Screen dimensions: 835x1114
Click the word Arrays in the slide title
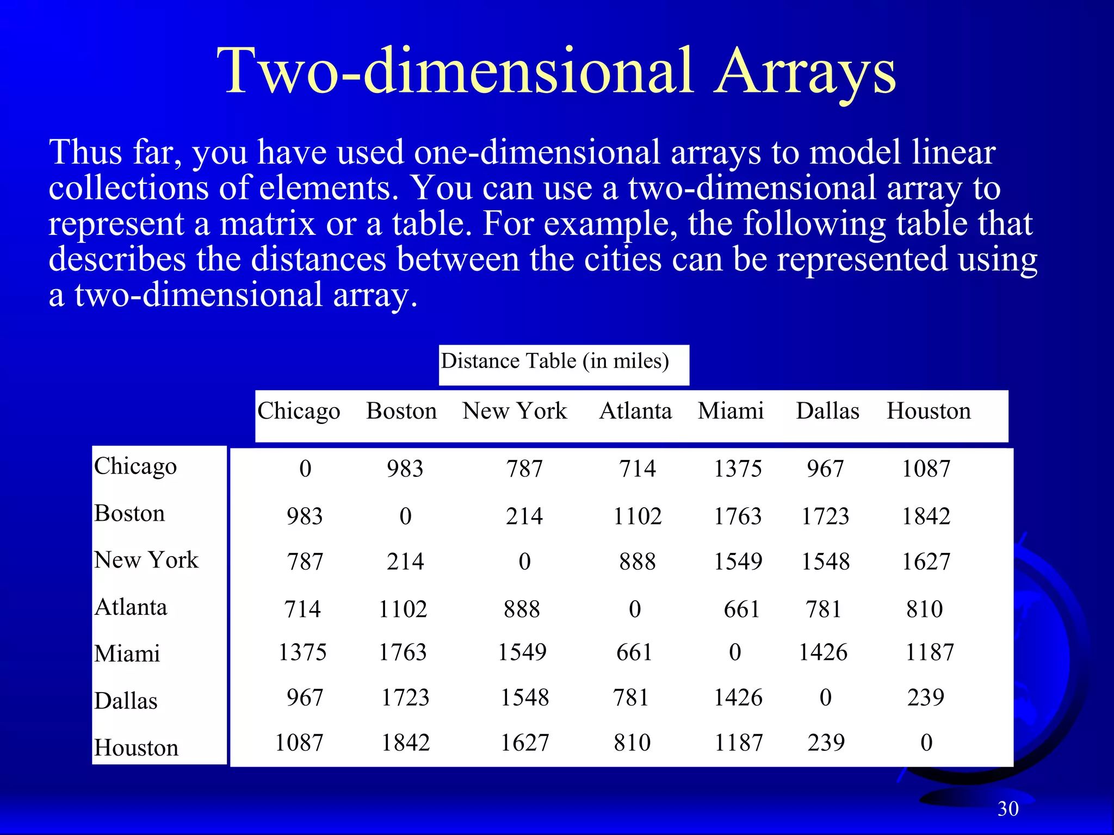coord(805,72)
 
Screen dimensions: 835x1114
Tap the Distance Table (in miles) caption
coord(554,362)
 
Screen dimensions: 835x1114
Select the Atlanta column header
coord(635,411)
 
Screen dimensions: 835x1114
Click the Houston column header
coord(929,411)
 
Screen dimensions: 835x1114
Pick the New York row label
coord(146,560)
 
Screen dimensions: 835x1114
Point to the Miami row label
coord(127,653)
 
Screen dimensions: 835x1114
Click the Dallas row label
coord(126,701)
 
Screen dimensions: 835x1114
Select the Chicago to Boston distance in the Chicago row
coord(405,469)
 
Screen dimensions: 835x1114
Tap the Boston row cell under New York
coord(524,516)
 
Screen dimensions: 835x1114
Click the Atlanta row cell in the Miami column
coord(741,609)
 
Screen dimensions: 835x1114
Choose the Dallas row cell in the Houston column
coord(926,697)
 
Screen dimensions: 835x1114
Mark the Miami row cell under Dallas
coord(823,652)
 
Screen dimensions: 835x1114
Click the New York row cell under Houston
coord(926,562)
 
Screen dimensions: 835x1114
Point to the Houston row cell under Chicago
coord(299,743)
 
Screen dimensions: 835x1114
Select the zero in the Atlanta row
coord(635,609)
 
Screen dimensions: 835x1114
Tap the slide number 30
coord(1008,809)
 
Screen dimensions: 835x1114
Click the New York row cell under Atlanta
coord(638,562)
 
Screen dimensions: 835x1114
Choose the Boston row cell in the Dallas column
coord(825,516)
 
